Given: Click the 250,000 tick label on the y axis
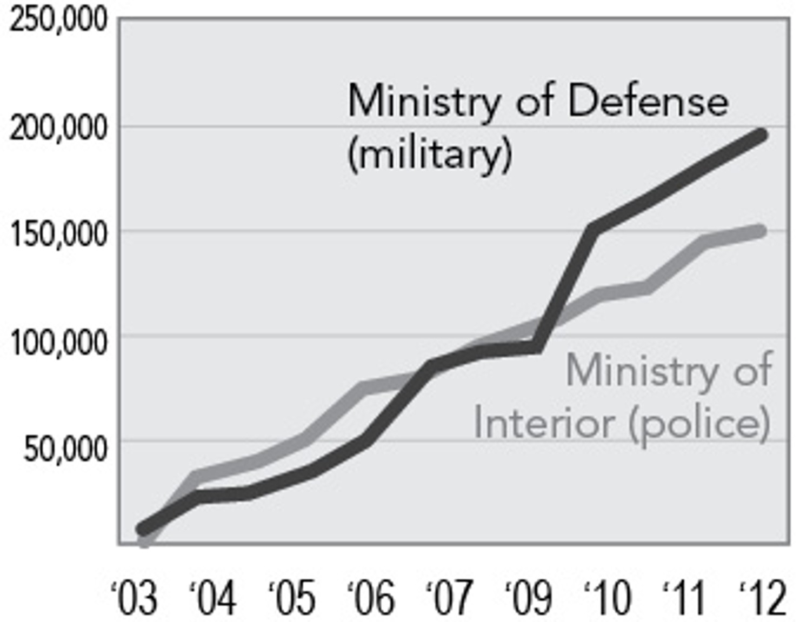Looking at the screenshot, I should pyautogui.click(x=58, y=21).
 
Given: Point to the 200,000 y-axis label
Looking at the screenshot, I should pyautogui.click(x=58, y=129).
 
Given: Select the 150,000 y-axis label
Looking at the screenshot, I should pyautogui.click(x=58, y=235).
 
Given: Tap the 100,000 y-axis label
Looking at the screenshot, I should pyautogui.click(x=58, y=342).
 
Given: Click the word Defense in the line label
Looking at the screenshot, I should pyautogui.click(x=648, y=101).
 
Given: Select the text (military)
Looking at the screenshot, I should pyautogui.click(x=430, y=155).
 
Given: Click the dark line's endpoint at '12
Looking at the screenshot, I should pyautogui.click(x=761, y=135).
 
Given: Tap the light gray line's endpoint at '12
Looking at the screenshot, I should pyautogui.click(x=760, y=231).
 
